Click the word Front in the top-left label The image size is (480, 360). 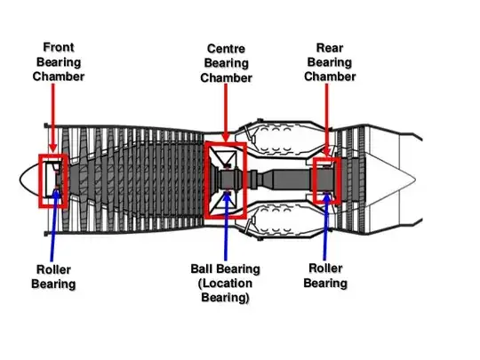coord(59,47)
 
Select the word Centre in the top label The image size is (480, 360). coord(226,48)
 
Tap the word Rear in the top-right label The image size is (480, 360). coord(330,48)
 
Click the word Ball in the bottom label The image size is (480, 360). coord(201,268)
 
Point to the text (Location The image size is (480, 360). coord(225,284)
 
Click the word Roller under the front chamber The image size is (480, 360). coord(53,269)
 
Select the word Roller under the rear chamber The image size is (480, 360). coord(325,268)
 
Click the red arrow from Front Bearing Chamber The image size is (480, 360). coord(53,118)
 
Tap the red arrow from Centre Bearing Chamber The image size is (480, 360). coord(226,113)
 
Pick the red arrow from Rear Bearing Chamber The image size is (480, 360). coord(326,120)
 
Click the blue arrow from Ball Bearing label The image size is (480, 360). coord(227,226)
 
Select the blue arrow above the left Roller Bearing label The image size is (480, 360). coord(53,225)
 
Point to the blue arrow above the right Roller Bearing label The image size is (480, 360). coord(325,227)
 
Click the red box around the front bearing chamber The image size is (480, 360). coord(40,181)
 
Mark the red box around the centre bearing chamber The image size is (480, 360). coord(205,180)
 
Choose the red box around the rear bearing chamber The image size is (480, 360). coord(315,180)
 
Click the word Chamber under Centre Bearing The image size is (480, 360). coord(226,77)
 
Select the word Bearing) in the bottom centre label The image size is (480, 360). coord(225,298)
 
